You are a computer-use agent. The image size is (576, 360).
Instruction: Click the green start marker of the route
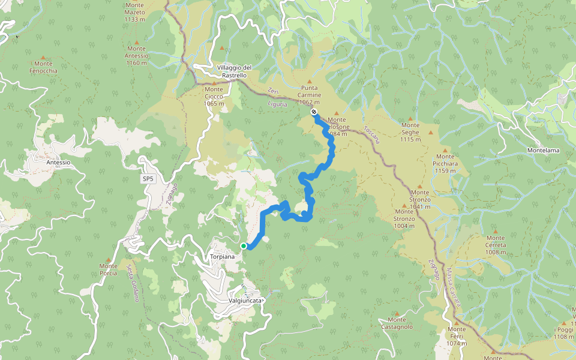tap(244, 246)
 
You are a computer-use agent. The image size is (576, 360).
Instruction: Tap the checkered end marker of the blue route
tap(314, 112)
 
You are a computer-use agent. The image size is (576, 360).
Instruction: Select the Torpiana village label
tap(222, 256)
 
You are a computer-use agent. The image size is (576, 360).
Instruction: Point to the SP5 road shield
tap(148, 179)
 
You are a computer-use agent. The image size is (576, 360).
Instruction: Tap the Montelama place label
tap(543, 150)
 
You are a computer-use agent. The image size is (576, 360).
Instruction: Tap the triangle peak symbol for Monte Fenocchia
tap(43, 56)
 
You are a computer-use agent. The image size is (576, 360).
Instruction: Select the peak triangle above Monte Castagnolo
tap(397, 312)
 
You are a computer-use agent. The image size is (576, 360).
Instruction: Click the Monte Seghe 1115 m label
tap(411, 132)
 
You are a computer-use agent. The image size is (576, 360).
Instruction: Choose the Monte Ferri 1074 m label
tap(457, 336)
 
